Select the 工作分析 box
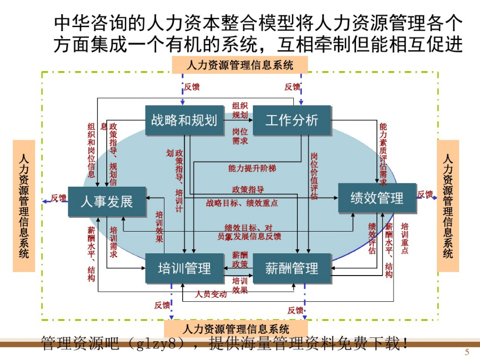pos(291,120)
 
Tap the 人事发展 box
pos(107,201)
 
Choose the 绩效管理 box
pos(377,198)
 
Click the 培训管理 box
pos(184,268)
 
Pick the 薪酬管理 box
pos(291,268)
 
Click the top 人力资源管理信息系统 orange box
pos(240,65)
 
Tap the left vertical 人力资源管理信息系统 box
pos(24,205)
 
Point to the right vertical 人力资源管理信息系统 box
pos(447,205)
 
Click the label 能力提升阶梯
pos(252,168)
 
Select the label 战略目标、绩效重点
pos(241,202)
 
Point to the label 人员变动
pos(211,294)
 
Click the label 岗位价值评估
pos(314,176)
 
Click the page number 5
pos(467,352)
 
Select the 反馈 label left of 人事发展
pos(58,198)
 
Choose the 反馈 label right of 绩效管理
pos(425,195)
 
